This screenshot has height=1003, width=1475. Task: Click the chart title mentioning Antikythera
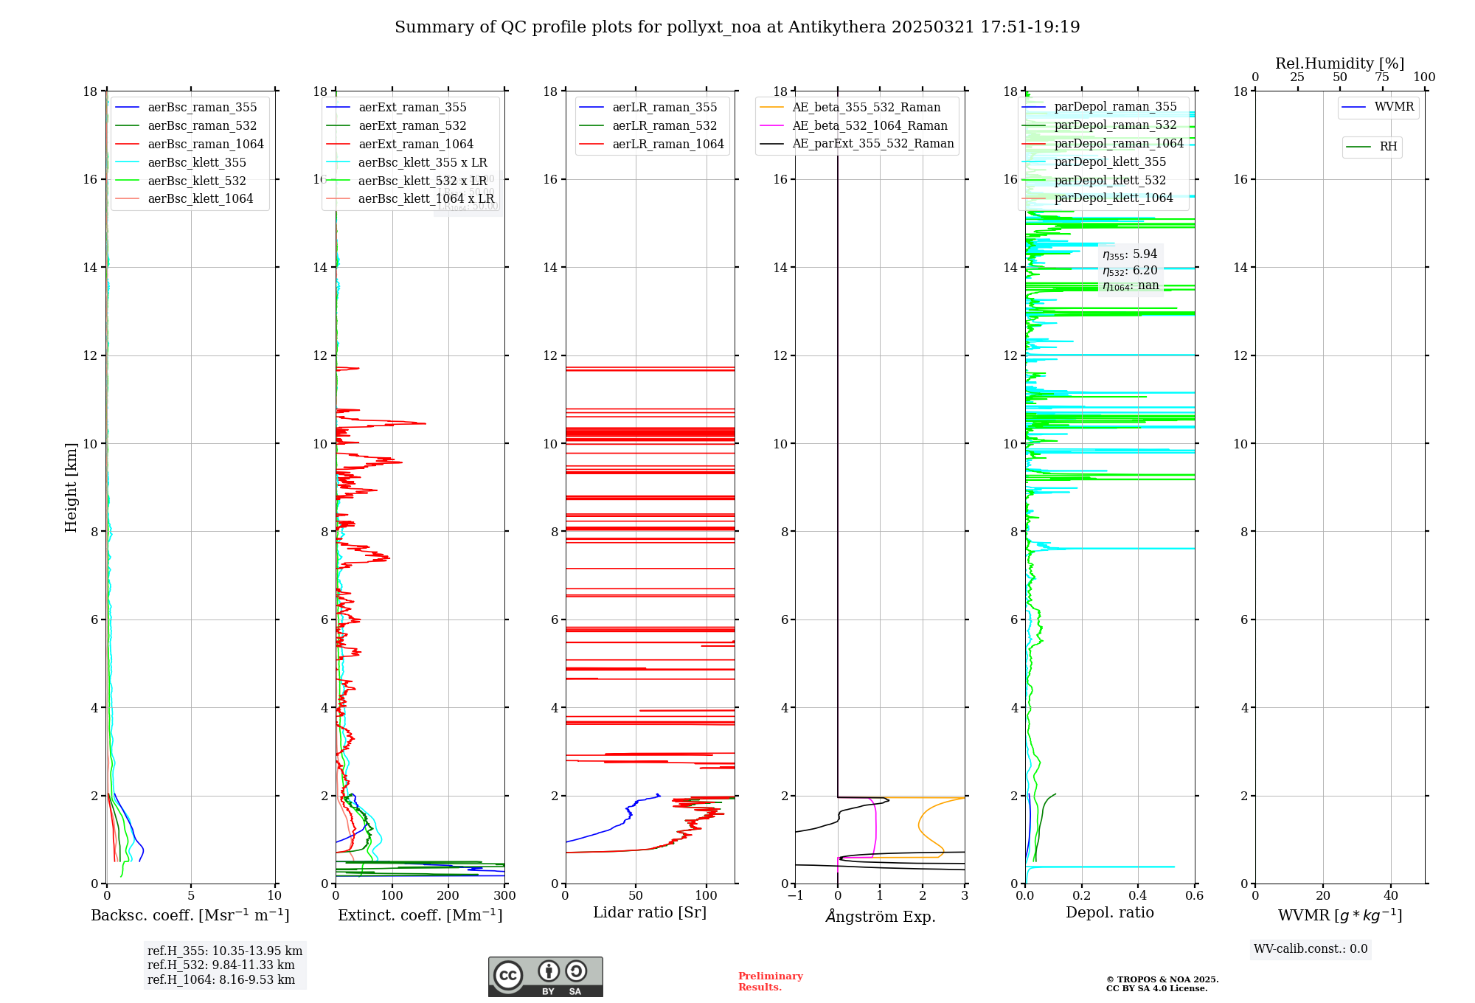click(737, 27)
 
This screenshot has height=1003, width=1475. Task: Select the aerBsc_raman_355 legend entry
click(202, 108)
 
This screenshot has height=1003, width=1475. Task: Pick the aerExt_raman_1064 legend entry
click(416, 145)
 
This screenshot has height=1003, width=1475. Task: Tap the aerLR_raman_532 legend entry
click(664, 126)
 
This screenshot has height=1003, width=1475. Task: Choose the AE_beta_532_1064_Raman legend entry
click(870, 126)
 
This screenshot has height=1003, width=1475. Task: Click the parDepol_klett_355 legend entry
click(1110, 162)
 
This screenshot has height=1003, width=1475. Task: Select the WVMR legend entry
click(1394, 107)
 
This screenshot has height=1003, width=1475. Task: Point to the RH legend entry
click(1388, 147)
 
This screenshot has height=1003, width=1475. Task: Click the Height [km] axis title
click(71, 487)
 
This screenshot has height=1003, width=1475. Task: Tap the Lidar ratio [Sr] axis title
click(650, 913)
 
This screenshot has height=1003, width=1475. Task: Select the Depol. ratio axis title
click(1109, 913)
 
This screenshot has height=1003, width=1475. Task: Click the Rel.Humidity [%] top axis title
click(1339, 63)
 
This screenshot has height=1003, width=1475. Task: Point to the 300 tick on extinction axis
click(504, 896)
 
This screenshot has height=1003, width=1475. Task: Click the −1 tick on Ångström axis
click(795, 896)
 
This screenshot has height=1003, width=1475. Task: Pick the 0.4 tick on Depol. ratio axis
click(1138, 896)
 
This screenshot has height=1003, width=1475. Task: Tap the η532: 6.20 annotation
click(1130, 271)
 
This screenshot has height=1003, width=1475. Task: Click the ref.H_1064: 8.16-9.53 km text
click(221, 980)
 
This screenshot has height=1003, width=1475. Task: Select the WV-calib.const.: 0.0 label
click(1311, 949)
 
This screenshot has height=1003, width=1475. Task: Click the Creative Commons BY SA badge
click(545, 977)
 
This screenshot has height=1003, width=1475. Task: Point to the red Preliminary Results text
click(770, 982)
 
